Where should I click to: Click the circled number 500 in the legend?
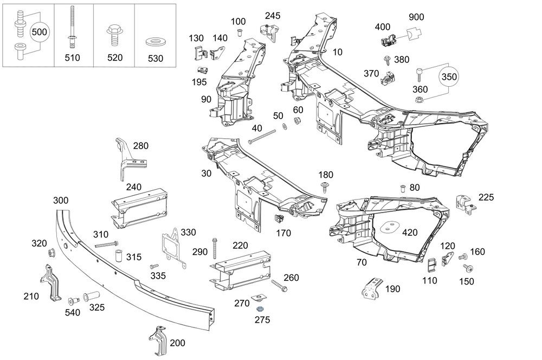[39, 33]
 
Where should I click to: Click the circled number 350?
[449, 77]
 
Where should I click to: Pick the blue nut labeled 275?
[260, 308]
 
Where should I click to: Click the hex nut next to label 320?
[52, 253]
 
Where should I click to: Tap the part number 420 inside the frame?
[410, 233]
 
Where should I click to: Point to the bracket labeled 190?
[373, 288]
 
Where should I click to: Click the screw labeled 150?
[468, 269]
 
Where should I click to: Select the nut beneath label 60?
[298, 120]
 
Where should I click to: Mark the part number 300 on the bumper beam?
[61, 201]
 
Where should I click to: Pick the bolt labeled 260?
[279, 285]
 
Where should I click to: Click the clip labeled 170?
[280, 219]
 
